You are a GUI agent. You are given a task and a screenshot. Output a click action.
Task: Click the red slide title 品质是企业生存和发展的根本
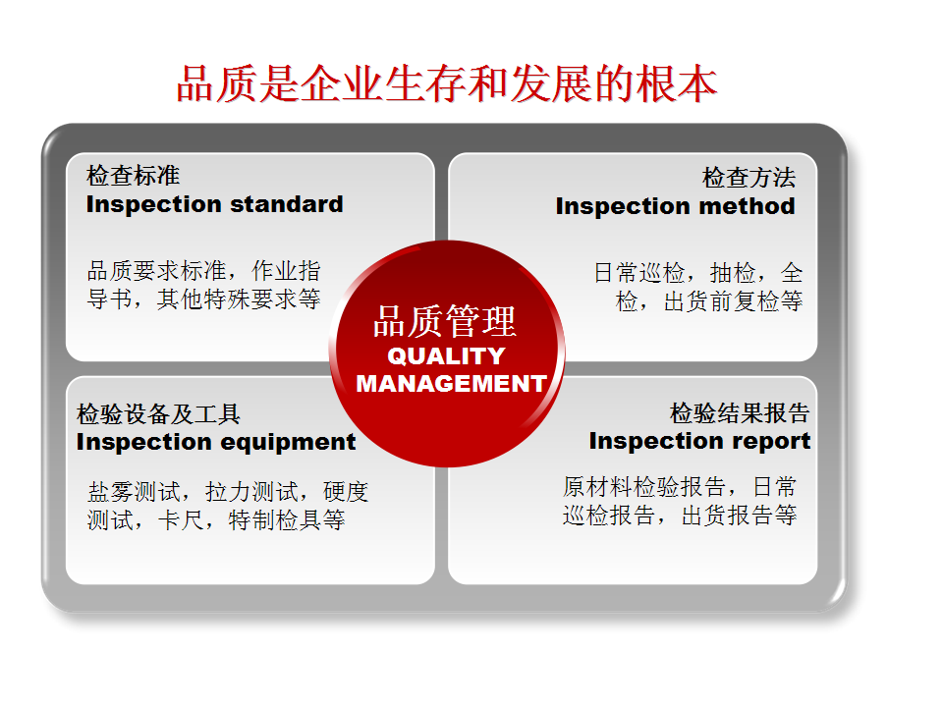tap(447, 83)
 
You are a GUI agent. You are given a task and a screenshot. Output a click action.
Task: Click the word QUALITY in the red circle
tap(446, 355)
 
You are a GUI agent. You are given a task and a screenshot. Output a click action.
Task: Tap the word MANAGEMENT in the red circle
tap(451, 384)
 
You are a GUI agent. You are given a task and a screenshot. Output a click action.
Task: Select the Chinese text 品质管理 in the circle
tap(444, 321)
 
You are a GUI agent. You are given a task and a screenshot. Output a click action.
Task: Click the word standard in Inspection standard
tap(287, 204)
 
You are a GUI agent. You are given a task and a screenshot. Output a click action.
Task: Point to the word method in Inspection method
tap(747, 206)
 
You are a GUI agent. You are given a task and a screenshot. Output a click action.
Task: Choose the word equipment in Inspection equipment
tap(289, 443)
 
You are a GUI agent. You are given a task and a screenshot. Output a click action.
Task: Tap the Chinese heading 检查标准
tap(133, 176)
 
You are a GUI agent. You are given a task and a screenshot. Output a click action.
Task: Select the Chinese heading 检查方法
tap(749, 178)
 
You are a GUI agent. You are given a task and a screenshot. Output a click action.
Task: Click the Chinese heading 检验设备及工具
tap(159, 414)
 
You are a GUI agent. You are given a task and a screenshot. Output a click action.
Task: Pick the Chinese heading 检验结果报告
tap(740, 413)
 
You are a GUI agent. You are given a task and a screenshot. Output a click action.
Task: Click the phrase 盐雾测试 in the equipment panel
tap(134, 492)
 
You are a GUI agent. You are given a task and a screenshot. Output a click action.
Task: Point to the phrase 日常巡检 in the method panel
tap(639, 273)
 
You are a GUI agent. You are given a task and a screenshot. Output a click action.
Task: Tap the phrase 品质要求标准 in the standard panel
tap(157, 271)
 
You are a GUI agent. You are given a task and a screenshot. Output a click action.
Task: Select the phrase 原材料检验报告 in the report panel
tap(644, 487)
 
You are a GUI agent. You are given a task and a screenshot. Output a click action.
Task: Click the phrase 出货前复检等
tap(733, 301)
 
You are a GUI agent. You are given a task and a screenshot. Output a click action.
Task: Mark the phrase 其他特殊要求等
tap(239, 299)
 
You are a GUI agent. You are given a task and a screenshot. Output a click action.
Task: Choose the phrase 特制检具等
tap(287, 520)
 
